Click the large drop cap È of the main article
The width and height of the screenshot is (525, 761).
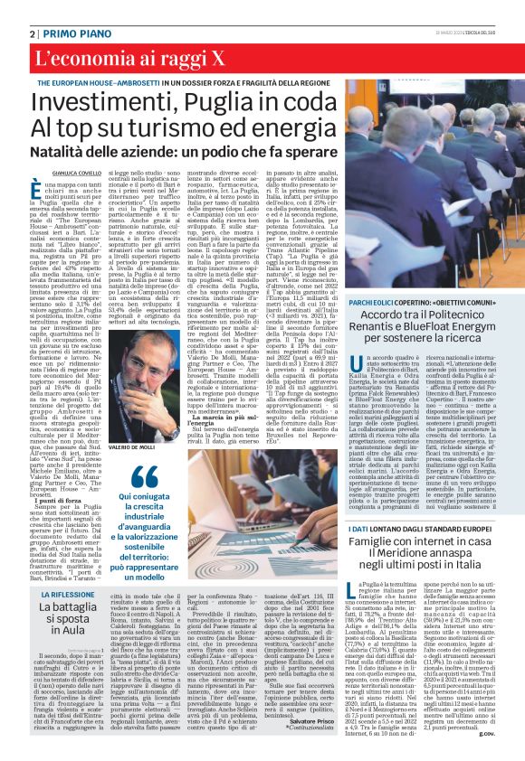point(43,189)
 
